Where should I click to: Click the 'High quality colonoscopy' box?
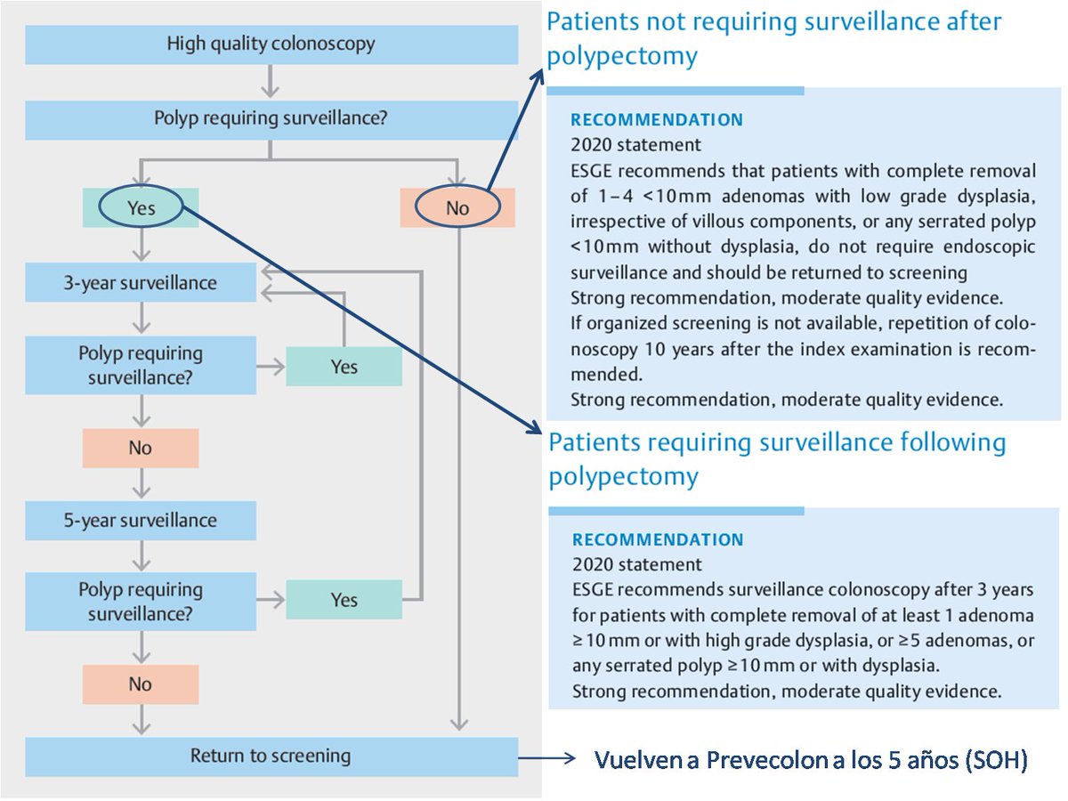click(x=271, y=44)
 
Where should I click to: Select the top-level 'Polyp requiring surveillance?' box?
click(x=271, y=119)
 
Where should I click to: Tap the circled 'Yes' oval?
click(x=141, y=207)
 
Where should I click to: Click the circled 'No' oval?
click(x=457, y=207)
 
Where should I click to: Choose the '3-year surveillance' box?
click(x=141, y=283)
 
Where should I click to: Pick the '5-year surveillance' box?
click(x=141, y=520)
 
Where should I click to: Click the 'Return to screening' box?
click(x=271, y=756)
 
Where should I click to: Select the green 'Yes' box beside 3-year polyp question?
click(x=344, y=366)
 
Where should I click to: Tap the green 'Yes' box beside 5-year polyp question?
click(x=344, y=600)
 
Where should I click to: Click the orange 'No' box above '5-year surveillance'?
click(x=141, y=448)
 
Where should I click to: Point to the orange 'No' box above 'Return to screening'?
click(x=141, y=684)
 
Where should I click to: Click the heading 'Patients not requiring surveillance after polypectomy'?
click(x=773, y=38)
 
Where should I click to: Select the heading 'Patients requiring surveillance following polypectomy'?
click(x=777, y=458)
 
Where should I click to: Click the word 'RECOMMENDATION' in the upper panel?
click(x=657, y=120)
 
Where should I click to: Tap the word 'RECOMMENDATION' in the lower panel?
click(x=657, y=540)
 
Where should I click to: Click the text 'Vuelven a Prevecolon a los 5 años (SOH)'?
click(x=811, y=761)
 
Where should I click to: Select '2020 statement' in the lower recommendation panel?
click(x=636, y=564)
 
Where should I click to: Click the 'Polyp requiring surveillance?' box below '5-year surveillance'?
click(x=141, y=600)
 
